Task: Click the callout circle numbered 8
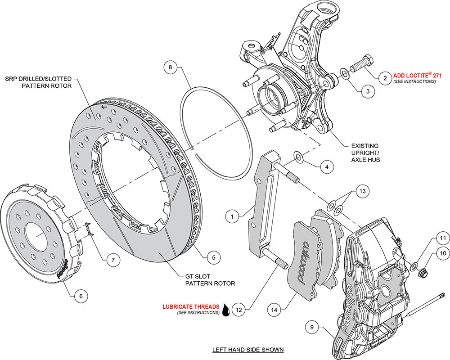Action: [171, 68]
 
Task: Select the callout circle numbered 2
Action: [385, 78]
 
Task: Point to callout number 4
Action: [327, 166]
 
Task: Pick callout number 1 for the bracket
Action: [232, 217]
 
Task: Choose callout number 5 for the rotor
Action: [213, 257]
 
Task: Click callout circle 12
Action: [239, 310]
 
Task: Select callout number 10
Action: [442, 255]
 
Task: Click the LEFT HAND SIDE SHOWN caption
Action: [248, 349]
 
